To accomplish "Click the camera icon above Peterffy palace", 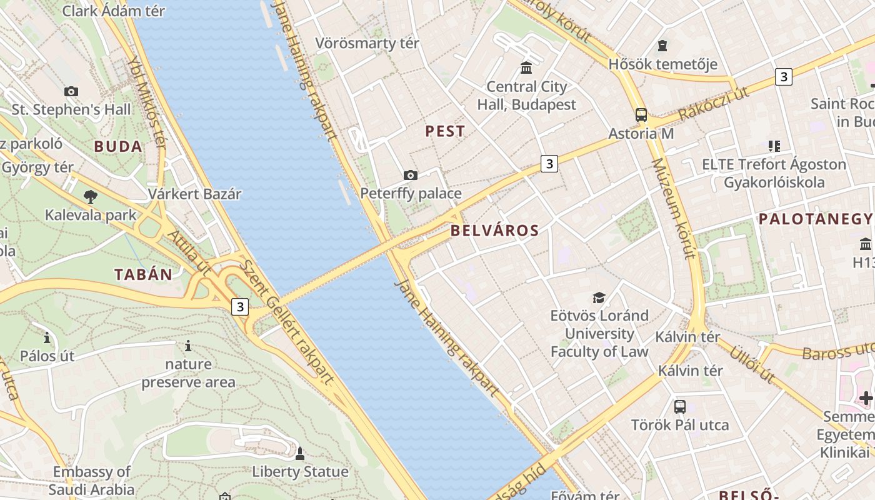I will click(411, 175).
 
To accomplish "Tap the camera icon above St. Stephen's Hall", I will click(71, 91).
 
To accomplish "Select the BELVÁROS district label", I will click(494, 231).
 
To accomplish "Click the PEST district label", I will click(445, 131).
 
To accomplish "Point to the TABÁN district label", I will click(143, 274).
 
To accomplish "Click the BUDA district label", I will click(118, 147).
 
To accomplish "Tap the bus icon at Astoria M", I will click(641, 115).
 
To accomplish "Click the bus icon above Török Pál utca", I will click(680, 407).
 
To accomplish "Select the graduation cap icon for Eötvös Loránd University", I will click(599, 297).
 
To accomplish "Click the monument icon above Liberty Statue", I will click(300, 453).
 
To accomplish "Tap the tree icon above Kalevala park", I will click(91, 197).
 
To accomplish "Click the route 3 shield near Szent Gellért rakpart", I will click(240, 307).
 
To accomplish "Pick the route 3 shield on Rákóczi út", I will click(783, 77).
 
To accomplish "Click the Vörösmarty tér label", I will click(367, 44).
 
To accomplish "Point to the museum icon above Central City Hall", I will click(526, 67).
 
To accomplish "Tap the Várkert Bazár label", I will click(194, 194).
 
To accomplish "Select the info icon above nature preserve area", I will click(188, 346).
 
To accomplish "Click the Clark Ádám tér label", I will click(114, 11).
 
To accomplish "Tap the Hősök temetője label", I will click(662, 64).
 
